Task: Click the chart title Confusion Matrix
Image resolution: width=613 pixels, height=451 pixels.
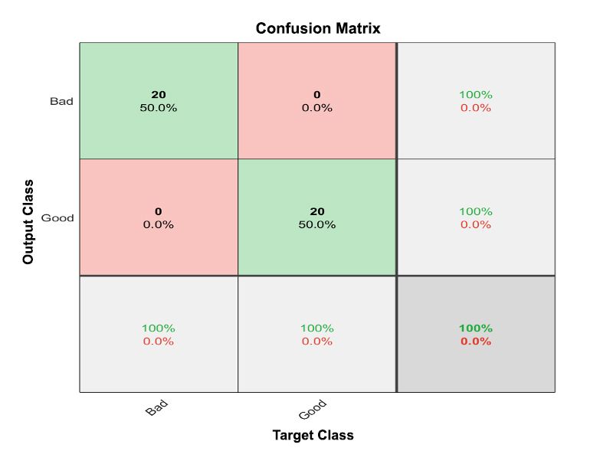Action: pos(318,28)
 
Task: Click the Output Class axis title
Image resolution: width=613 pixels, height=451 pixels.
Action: pos(28,222)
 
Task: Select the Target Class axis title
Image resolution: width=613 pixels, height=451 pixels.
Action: pos(313,435)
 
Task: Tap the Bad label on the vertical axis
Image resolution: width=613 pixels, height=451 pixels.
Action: pos(61,101)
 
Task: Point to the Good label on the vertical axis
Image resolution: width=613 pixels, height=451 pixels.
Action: pos(57,218)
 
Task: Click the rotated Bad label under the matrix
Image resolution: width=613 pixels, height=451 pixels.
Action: pos(156,409)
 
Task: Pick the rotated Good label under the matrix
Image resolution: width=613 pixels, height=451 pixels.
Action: pos(313,410)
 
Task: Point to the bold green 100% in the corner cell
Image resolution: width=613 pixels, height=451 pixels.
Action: pos(476,328)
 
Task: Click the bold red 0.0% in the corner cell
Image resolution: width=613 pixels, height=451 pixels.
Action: pos(476,342)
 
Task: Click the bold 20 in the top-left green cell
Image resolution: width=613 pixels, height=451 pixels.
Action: pos(159,95)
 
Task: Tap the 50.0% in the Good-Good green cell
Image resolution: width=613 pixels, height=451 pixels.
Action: pos(316,224)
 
